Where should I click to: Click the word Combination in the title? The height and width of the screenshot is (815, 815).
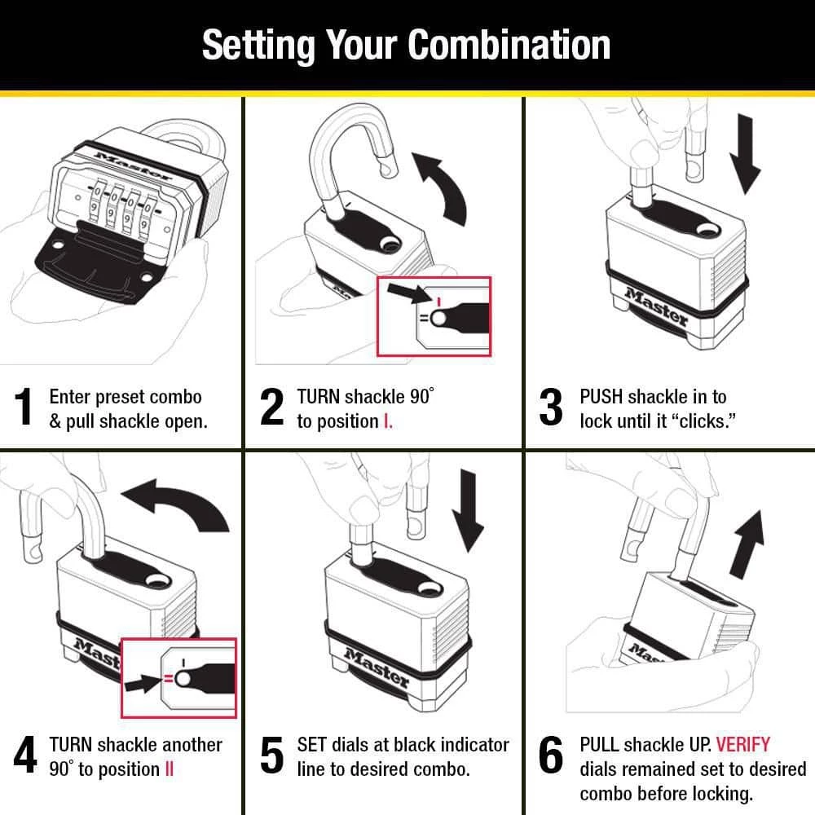509,45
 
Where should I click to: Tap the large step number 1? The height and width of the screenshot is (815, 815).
25,408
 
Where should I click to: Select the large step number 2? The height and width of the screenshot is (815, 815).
271,408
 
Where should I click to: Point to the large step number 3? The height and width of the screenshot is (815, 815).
551,408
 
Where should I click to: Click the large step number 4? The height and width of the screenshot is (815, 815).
25,756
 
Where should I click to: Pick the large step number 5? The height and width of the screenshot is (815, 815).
271,756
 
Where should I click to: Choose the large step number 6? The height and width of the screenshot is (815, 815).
551,756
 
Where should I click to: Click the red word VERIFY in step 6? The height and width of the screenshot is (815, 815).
742,744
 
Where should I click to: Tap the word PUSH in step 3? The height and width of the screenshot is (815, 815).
601,397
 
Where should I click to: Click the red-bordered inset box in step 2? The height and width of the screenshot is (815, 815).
434,316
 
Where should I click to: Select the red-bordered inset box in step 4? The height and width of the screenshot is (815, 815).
178,677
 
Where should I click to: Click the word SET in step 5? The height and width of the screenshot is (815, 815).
312,744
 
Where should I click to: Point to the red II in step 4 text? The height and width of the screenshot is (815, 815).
170,769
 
